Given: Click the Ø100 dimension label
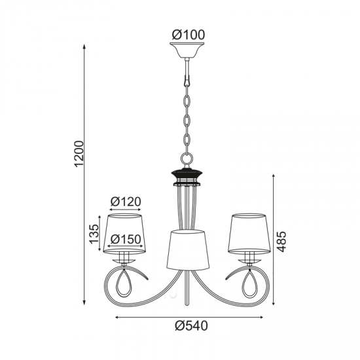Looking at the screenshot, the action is click(x=189, y=35).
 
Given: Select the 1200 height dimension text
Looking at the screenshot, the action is click(x=79, y=154).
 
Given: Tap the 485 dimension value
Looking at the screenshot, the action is click(x=281, y=242).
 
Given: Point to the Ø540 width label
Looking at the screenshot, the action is click(x=191, y=325).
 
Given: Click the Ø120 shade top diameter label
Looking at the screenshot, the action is click(x=126, y=202).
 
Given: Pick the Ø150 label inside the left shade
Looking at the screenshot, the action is click(x=126, y=240).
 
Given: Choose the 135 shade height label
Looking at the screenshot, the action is click(x=94, y=234).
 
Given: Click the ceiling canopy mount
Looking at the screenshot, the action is click(x=187, y=50).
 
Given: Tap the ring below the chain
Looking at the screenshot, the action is click(x=187, y=158).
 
